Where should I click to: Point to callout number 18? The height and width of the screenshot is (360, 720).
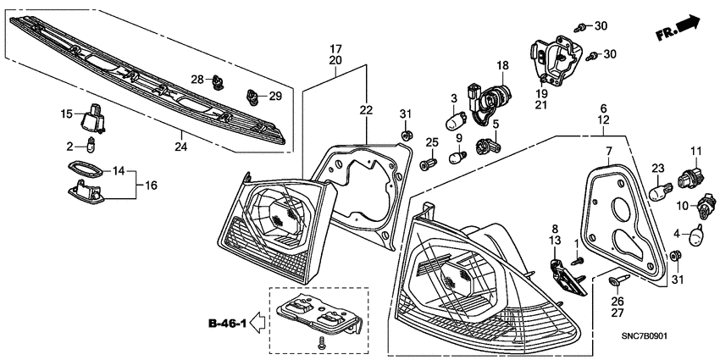[x=501, y=65]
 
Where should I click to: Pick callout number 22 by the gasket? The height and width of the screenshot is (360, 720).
[x=365, y=110]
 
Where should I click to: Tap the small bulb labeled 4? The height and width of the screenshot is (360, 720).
[x=701, y=233]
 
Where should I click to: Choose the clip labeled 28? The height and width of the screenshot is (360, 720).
[x=221, y=83]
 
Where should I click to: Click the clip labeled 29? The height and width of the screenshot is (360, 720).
[x=252, y=96]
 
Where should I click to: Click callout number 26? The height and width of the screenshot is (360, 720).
[x=616, y=301]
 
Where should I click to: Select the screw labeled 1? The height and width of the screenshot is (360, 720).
[x=579, y=262]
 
